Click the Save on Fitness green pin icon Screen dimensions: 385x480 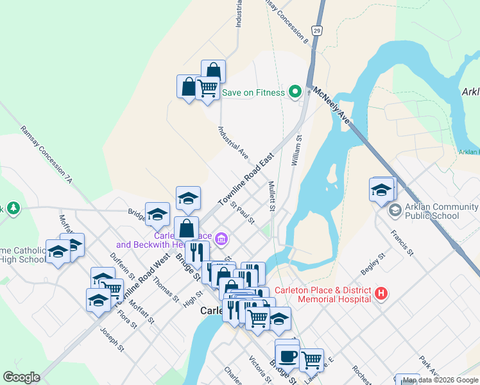295,92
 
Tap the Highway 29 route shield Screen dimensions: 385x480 316,30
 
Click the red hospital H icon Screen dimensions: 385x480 381,295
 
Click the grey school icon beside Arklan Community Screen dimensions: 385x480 395,210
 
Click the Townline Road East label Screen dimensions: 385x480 246,179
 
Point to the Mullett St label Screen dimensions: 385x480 271,196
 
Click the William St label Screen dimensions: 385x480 296,151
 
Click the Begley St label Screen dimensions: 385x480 372,263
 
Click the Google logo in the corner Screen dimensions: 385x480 21,377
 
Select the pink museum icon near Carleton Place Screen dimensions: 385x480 222,239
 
